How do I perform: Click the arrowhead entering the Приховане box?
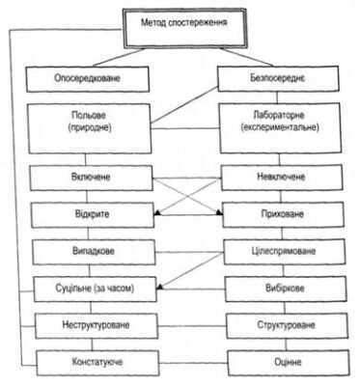220,214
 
